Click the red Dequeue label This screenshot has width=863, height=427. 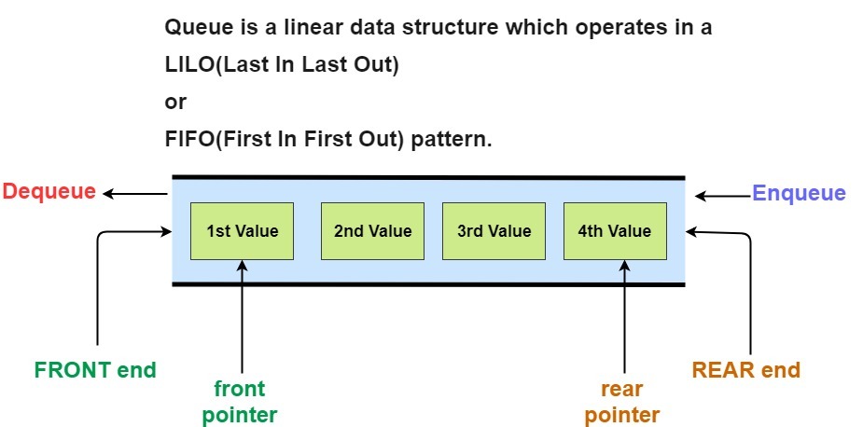(x=49, y=192)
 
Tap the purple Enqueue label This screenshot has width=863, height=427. (x=799, y=194)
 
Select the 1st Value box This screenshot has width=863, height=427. (x=242, y=231)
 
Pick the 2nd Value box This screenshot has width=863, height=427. (x=372, y=231)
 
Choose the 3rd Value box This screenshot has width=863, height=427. (x=494, y=231)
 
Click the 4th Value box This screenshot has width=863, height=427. (x=615, y=231)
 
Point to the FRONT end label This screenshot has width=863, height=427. (x=95, y=370)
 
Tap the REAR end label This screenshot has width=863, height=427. (x=745, y=370)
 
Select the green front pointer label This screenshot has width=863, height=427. (x=240, y=402)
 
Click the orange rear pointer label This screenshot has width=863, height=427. (x=622, y=402)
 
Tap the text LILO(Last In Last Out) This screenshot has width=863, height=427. (x=282, y=65)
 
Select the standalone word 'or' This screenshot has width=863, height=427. (x=175, y=103)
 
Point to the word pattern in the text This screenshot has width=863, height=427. (x=452, y=139)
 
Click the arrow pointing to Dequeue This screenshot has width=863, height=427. (x=135, y=194)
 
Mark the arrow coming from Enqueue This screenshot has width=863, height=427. (x=723, y=196)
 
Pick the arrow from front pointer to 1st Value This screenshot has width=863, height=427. (x=242, y=316)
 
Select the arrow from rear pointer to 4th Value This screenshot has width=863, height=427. (x=624, y=316)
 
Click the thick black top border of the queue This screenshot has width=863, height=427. (x=429, y=178)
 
